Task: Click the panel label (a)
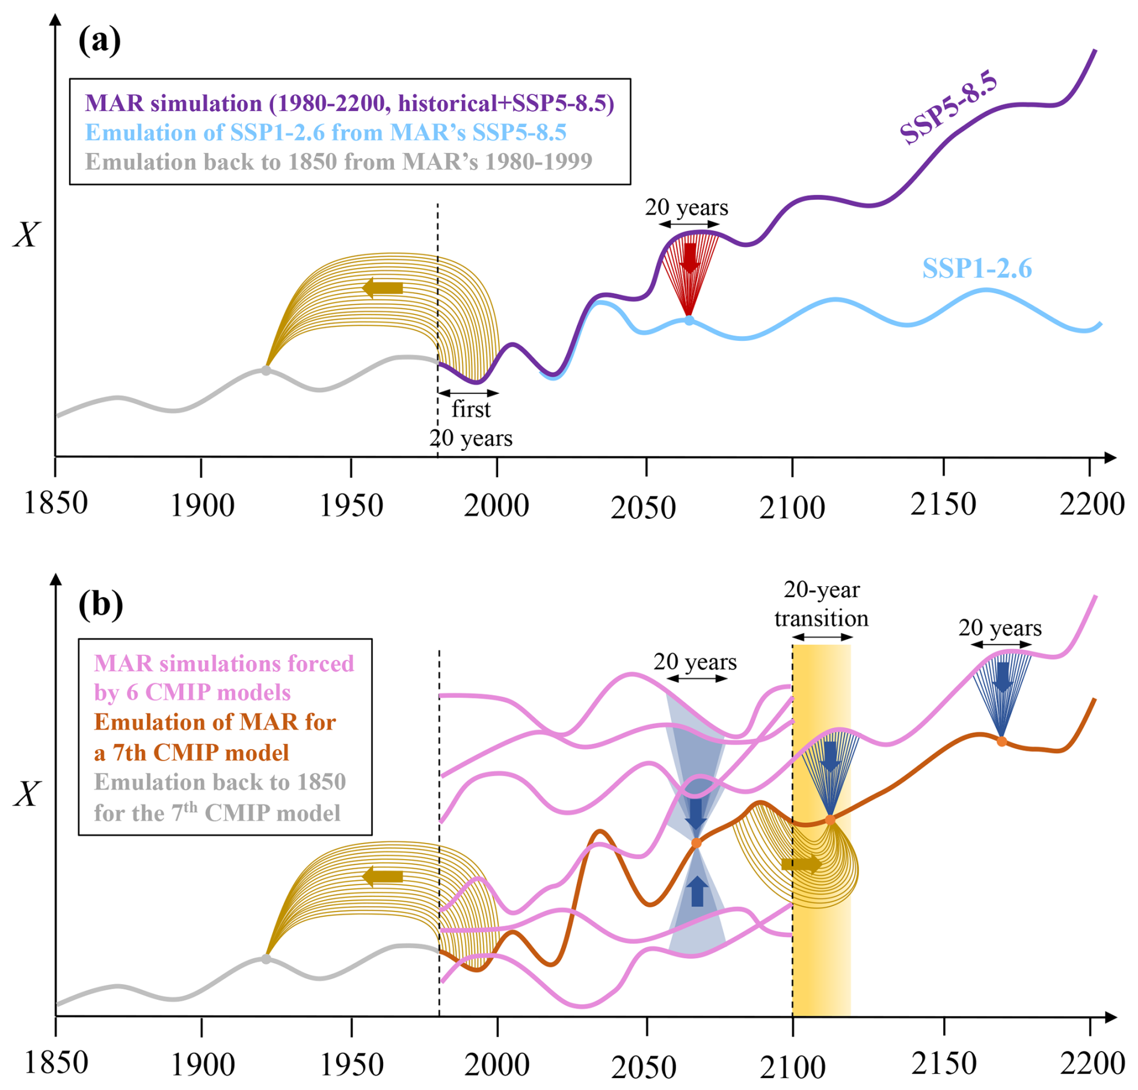point(99,41)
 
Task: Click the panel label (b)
point(100,605)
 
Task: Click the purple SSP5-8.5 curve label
point(949,107)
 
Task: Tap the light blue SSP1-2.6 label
point(977,268)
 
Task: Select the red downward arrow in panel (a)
point(689,257)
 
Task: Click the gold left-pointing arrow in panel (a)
point(382,288)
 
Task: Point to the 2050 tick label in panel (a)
point(643,508)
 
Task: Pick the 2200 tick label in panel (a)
point(1092,504)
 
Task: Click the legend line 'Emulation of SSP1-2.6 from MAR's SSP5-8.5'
point(325,132)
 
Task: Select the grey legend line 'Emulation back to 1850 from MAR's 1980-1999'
point(339,161)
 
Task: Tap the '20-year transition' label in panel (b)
point(821,604)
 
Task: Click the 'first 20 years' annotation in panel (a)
point(471,423)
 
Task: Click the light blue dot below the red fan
point(689,320)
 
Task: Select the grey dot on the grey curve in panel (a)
point(266,370)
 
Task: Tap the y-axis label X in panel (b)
point(27,795)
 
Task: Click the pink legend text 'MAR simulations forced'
point(224,664)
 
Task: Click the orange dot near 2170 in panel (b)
point(1001,742)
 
